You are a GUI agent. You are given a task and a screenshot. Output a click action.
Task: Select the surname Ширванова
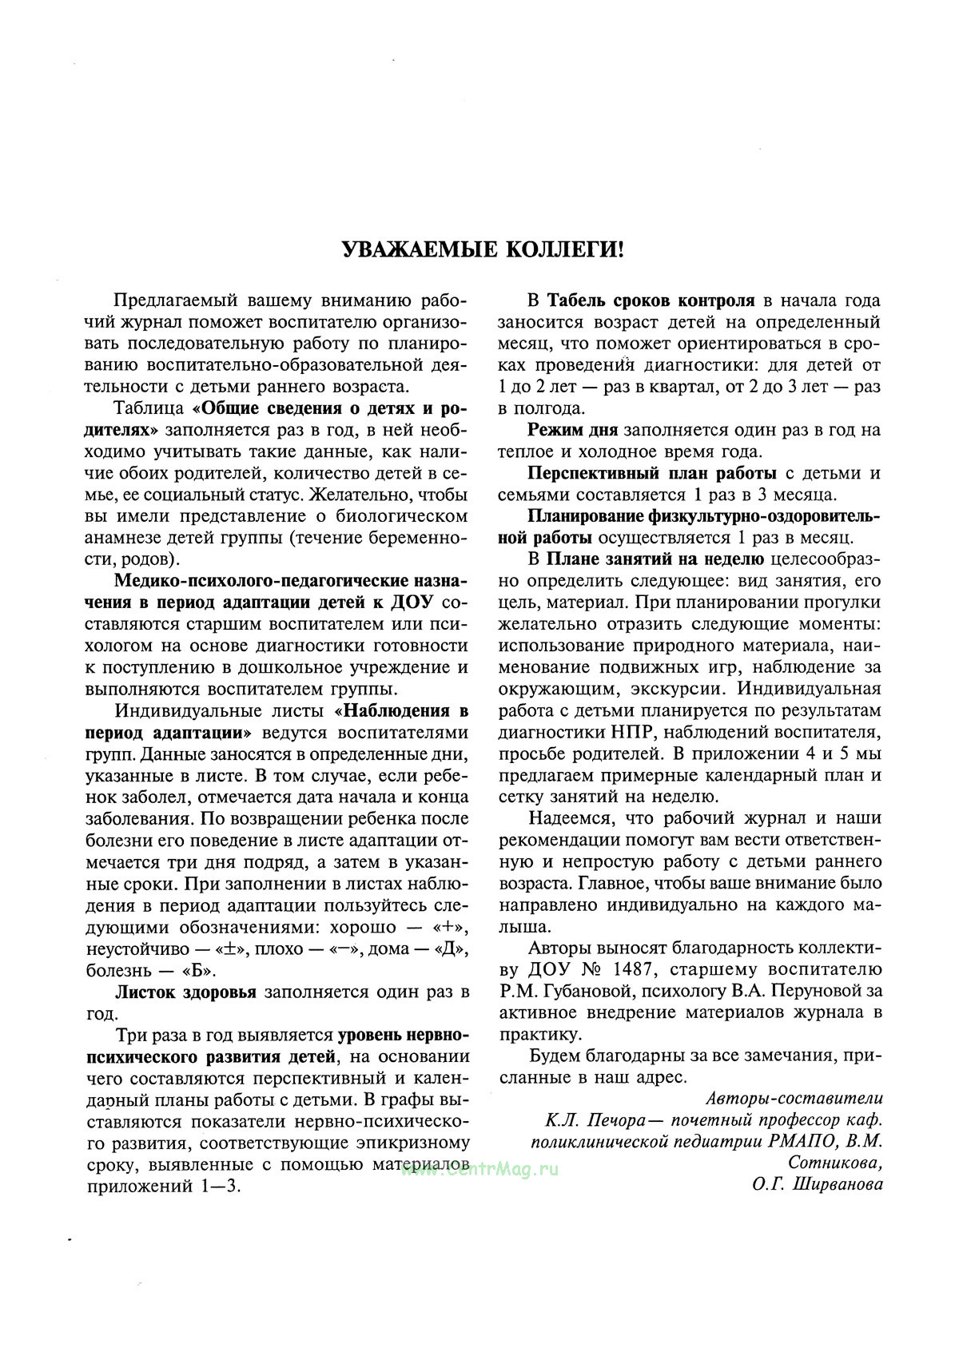(840, 1184)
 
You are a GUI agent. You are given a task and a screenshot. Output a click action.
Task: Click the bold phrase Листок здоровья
(185, 992)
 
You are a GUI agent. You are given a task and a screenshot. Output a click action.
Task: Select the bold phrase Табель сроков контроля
(651, 300)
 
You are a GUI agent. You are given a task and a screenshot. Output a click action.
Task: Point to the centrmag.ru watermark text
(479, 1168)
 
